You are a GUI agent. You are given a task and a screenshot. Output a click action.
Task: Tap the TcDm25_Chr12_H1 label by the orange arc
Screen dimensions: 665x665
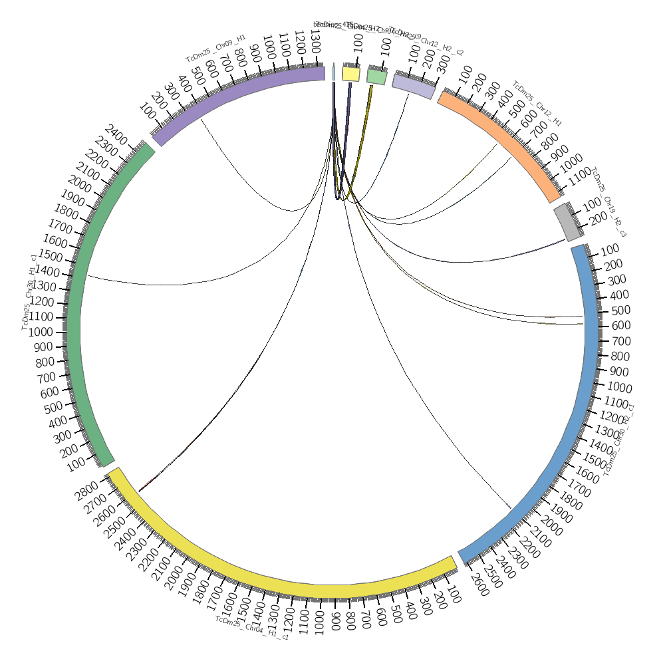[537, 104]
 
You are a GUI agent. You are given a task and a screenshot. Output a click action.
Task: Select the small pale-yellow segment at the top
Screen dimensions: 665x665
[350, 73]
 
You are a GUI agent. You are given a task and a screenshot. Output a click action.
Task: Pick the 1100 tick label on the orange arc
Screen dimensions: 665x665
[581, 174]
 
